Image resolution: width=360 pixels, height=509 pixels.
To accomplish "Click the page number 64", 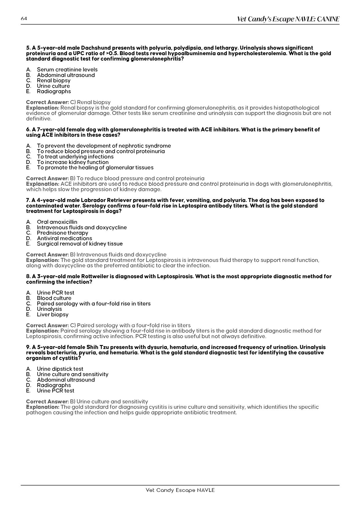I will (x=24, y=19).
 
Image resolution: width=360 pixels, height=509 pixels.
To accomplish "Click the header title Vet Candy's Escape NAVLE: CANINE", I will (x=288, y=19).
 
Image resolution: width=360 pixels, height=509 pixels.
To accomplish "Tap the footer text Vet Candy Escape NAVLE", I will (x=180, y=490).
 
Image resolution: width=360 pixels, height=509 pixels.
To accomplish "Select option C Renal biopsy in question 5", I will (x=53, y=80).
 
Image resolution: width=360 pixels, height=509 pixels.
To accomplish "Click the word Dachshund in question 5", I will (x=96, y=48).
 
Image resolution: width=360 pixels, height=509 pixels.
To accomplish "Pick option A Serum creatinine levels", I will (x=67, y=70).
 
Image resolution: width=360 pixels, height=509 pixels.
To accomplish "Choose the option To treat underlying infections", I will (x=75, y=157).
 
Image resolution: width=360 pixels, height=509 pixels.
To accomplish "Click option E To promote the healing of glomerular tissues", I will (x=95, y=168).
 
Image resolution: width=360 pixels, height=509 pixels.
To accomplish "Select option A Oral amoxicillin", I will (x=57, y=222).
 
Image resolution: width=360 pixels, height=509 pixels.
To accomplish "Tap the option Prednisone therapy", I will (x=62, y=233).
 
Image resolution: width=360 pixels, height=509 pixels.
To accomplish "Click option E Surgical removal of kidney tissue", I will (x=80, y=244).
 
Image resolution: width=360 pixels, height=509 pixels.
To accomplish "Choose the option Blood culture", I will (x=54, y=298).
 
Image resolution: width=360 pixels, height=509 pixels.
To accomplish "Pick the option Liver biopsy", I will (x=53, y=315).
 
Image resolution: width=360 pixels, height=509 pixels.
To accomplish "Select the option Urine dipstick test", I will (x=60, y=369).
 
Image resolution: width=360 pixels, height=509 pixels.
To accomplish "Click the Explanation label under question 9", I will (x=43, y=407).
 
